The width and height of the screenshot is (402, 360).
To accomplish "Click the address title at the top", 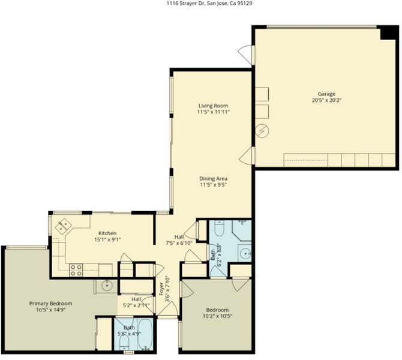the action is tap(209, 4).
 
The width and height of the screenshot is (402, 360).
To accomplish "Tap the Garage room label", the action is tap(326, 94).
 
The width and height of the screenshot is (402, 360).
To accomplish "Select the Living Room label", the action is tap(214, 106).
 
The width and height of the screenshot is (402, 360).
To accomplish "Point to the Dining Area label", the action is tap(214, 179).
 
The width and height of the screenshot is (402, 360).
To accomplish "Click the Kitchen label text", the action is tap(107, 233).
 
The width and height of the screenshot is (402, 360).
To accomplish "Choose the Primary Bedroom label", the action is tap(50, 304).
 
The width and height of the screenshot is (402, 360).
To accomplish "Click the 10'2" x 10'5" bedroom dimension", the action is tap(217, 316).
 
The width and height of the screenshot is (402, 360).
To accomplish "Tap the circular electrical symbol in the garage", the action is tap(263, 131).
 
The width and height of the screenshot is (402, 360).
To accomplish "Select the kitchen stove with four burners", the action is tap(76, 270).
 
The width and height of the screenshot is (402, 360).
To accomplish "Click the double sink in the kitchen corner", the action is tap(64, 226).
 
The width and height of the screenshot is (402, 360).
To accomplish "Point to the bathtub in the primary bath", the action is tap(145, 334).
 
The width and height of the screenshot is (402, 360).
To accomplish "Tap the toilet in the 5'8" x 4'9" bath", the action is tap(124, 343).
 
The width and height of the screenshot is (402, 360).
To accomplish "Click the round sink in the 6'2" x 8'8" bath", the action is tap(245, 253).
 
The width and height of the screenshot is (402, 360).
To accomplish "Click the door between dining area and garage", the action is tap(245, 155).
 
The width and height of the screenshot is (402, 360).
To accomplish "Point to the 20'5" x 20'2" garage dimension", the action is tap(326, 100).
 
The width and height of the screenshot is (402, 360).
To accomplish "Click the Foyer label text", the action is tap(161, 289).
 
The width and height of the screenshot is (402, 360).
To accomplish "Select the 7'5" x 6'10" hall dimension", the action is tap(179, 243).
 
